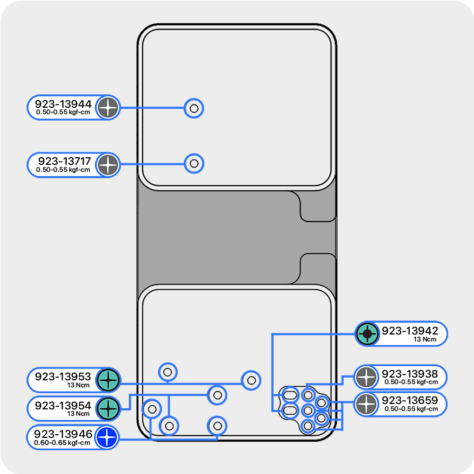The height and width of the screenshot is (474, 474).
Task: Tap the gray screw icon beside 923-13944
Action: (108, 108)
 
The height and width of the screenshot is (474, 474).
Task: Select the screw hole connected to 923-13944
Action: (194, 108)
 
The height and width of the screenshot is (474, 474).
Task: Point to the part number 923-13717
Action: (64, 161)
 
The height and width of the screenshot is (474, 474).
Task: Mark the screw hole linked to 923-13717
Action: (194, 163)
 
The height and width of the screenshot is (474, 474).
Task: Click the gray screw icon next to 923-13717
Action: (108, 164)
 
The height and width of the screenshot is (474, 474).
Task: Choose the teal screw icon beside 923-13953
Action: (108, 380)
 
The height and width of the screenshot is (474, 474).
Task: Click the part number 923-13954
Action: (63, 406)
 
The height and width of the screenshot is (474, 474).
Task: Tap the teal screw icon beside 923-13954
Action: (108, 409)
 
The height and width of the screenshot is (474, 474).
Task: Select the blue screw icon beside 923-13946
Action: (107, 437)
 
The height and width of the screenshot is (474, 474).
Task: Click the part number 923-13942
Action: (410, 331)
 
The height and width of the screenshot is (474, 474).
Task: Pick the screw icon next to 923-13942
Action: (367, 334)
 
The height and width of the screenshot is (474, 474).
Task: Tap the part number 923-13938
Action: (410, 374)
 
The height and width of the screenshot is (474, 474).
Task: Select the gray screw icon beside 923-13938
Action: (366, 377)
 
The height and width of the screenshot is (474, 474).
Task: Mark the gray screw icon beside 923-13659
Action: (366, 404)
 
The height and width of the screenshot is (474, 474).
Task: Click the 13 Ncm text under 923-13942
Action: (424, 339)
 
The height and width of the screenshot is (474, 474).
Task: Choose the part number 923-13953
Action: (63, 377)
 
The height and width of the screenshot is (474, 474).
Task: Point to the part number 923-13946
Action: (63, 434)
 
